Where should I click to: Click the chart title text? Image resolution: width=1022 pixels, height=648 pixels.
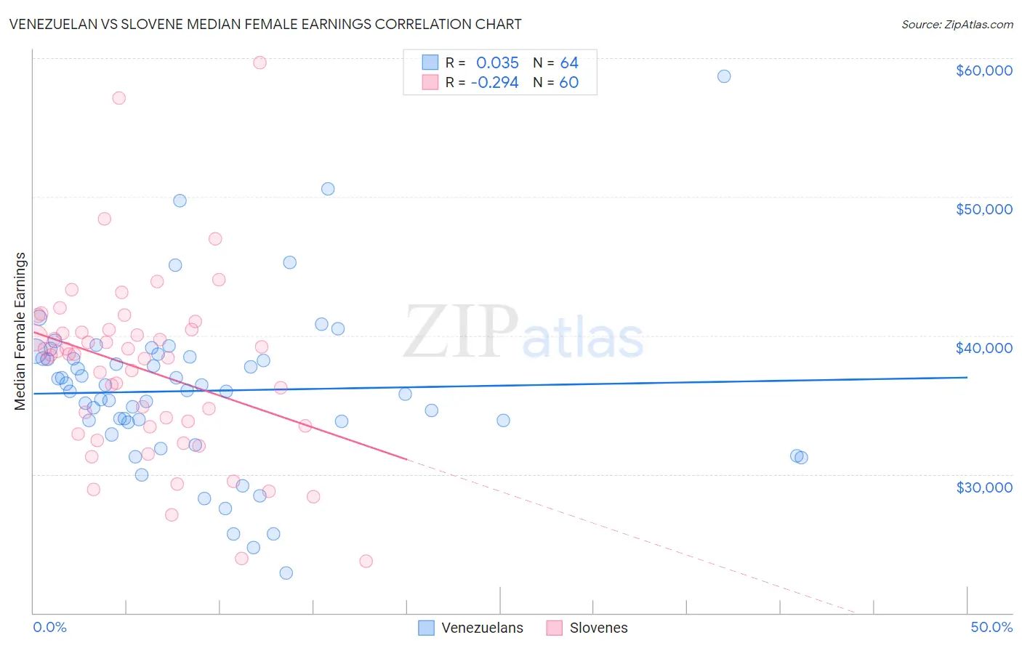coord(265,24)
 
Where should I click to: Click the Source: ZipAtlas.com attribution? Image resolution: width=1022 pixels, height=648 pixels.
coord(957,25)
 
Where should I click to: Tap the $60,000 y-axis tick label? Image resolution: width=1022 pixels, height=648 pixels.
coord(983,70)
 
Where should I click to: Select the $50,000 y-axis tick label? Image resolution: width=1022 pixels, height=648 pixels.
coord(983,209)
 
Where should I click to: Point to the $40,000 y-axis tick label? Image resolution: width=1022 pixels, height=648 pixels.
coord(983,348)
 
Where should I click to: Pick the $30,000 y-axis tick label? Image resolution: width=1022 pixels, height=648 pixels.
coord(983,487)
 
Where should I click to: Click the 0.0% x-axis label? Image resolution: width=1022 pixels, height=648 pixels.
coord(49,627)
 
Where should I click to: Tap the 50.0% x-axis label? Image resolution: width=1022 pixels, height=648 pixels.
coord(991,627)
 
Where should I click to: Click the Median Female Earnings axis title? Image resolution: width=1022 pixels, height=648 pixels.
coord(20,331)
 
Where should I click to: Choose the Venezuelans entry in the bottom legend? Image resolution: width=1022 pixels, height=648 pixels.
coord(482,628)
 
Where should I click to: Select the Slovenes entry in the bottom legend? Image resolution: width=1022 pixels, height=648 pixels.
coord(598,628)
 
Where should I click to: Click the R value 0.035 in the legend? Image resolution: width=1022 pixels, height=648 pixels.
coord(497,62)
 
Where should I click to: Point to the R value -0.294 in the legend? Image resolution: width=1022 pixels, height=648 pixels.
coord(494,82)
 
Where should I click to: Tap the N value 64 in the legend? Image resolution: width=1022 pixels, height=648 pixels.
coord(569,62)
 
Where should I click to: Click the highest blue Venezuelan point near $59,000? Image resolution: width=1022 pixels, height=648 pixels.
coord(724,76)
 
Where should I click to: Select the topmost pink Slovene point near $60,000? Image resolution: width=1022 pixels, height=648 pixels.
coord(259,62)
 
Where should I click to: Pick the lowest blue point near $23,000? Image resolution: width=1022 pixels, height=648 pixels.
coord(286,573)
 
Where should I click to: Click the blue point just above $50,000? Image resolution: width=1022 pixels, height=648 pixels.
coord(328,189)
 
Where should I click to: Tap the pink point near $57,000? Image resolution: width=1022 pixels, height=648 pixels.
coord(118,98)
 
